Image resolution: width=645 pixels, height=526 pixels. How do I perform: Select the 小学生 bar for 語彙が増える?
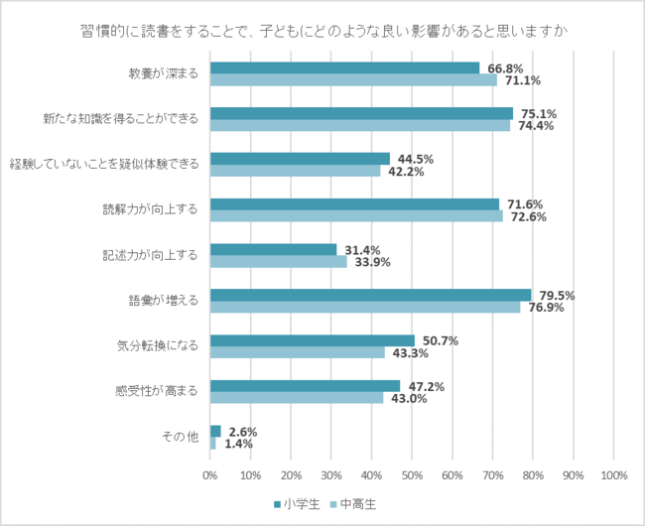pyautogui.click(x=370, y=295)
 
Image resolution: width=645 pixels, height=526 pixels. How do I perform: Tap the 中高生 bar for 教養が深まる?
pyautogui.click(x=352, y=80)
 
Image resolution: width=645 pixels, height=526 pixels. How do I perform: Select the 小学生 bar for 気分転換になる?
pyautogui.click(x=312, y=340)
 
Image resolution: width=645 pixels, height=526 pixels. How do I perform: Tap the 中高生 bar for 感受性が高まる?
pyautogui.click(x=297, y=398)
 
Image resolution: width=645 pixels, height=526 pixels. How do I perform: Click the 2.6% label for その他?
pyautogui.click(x=243, y=432)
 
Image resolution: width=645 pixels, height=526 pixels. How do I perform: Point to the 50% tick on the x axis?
pyautogui.click(x=412, y=475)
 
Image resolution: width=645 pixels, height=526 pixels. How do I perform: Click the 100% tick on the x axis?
pyautogui.click(x=613, y=475)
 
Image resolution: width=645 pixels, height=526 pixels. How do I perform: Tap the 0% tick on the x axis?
pyautogui.click(x=210, y=475)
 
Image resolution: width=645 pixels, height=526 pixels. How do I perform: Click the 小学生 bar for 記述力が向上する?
pyautogui.click(x=273, y=249)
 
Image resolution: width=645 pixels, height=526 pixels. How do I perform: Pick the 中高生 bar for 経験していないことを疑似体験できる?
pyautogui.click(x=295, y=171)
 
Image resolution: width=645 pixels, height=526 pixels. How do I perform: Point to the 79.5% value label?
pyautogui.click(x=557, y=296)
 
